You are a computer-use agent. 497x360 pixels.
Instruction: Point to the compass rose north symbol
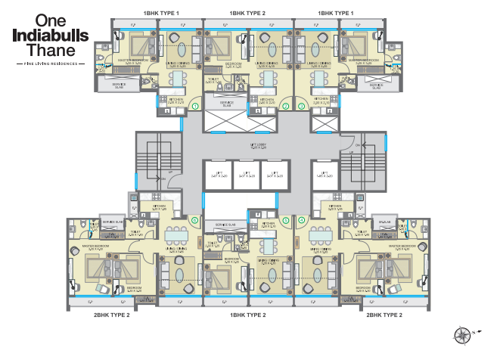[x=462, y=334]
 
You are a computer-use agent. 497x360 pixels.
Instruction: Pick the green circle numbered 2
[x=286, y=107]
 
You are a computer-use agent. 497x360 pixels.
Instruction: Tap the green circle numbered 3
[x=302, y=107]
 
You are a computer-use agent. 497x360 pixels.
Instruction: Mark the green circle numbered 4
[x=302, y=220]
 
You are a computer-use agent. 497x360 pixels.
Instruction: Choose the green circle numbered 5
[x=286, y=220]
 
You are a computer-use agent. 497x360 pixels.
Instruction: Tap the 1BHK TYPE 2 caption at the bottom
[x=248, y=314]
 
